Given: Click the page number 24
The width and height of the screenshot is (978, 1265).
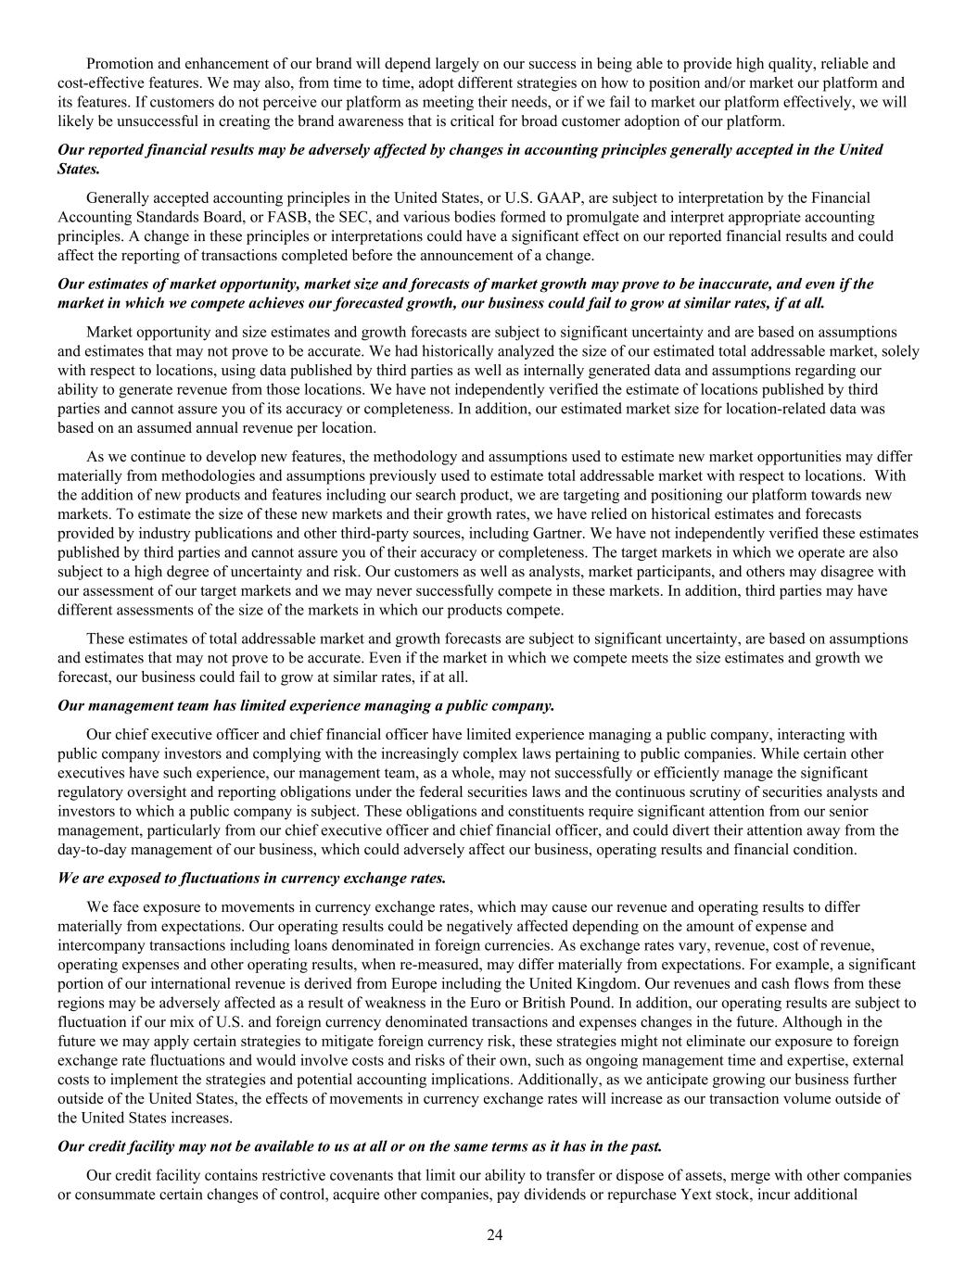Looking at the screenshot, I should [x=493, y=1233].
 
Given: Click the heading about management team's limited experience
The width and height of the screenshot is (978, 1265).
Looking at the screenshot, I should [x=306, y=705].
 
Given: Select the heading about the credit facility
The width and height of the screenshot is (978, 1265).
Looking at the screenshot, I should [x=360, y=1146].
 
